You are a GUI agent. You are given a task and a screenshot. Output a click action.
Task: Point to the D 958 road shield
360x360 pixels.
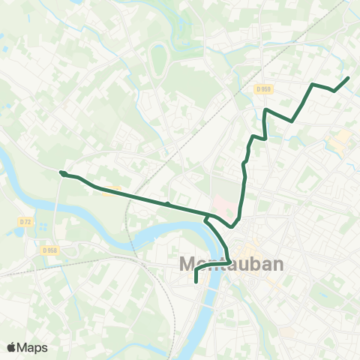(x=49, y=250)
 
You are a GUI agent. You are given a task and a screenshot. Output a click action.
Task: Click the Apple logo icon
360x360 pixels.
(x=11, y=347)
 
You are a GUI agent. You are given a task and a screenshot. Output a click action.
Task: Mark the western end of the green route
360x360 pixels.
(x=61, y=172)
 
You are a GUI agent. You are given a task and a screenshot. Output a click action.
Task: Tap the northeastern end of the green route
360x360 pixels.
(x=348, y=78)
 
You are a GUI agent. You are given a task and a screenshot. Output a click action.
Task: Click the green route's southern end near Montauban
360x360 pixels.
(x=196, y=282)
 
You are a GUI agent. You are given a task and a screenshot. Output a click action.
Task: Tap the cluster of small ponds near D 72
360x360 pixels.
(x=16, y=232)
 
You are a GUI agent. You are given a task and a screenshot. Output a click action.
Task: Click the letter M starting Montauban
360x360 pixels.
(x=188, y=264)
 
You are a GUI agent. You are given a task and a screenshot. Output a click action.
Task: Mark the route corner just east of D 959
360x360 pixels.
(x=291, y=119)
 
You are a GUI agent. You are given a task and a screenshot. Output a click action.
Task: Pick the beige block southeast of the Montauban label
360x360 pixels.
(x=279, y=285)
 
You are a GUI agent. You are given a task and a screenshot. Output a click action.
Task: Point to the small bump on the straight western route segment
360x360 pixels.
(x=167, y=202)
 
